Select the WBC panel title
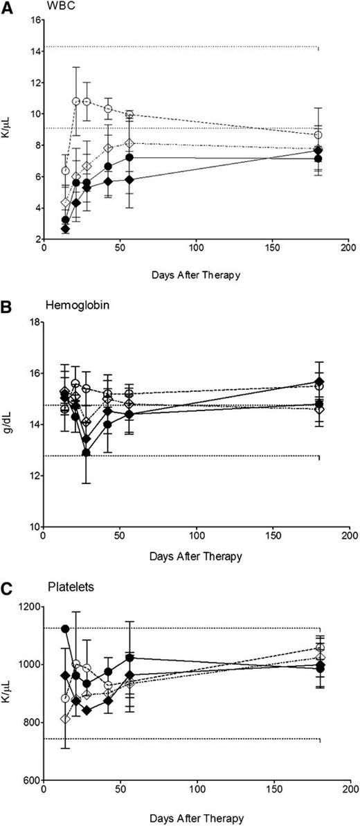(63, 8)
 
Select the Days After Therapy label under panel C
(196, 818)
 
